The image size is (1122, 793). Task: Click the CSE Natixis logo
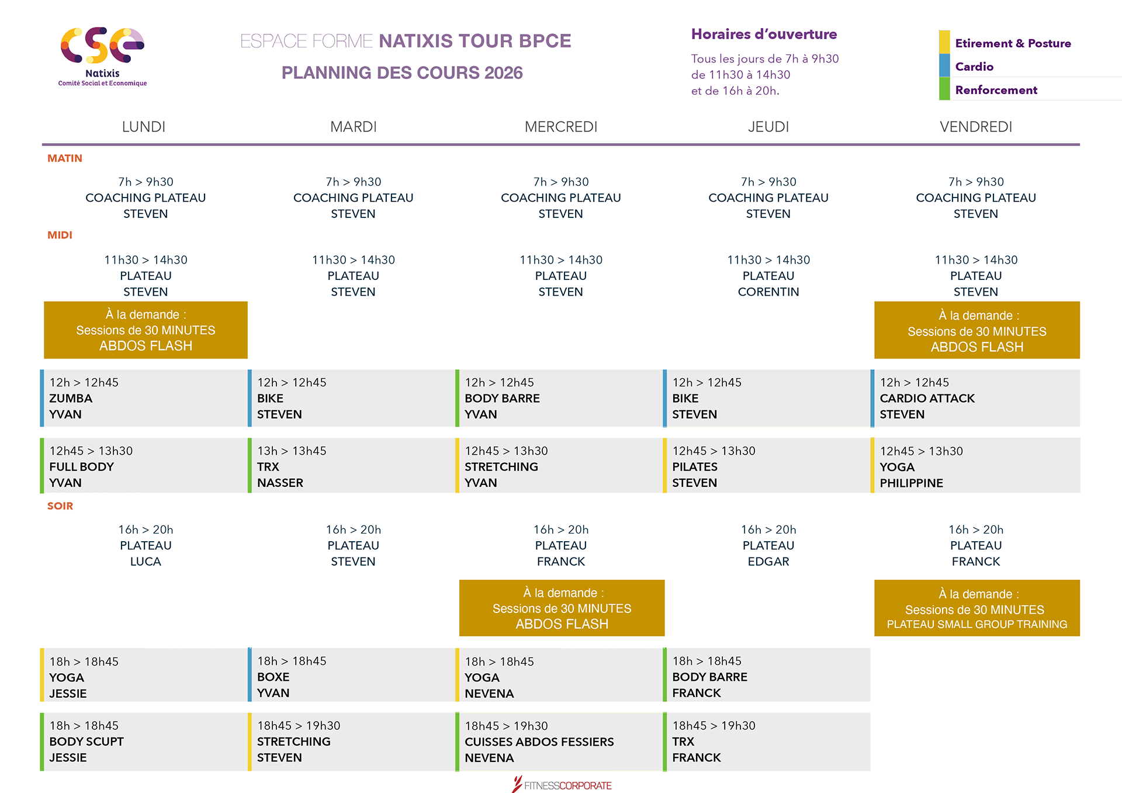pos(102,56)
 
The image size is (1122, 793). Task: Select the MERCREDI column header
pos(561,127)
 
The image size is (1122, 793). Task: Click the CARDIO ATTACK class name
pos(927,399)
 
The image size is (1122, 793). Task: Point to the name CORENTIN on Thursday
pos(768,292)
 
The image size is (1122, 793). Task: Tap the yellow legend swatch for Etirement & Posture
pos(944,41)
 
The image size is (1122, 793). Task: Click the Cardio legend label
pos(974,67)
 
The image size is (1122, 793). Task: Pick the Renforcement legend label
pos(996,90)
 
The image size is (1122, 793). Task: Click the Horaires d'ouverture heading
pos(764,34)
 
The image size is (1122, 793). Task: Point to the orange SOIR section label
pos(60,506)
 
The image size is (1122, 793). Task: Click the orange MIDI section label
pos(60,235)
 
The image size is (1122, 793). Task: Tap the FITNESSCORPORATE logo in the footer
pos(562,784)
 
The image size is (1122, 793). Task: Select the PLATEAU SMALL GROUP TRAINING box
pos(976,608)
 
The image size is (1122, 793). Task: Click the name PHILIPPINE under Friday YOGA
pos(911,483)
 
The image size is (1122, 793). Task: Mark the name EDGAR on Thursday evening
pos(768,562)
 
